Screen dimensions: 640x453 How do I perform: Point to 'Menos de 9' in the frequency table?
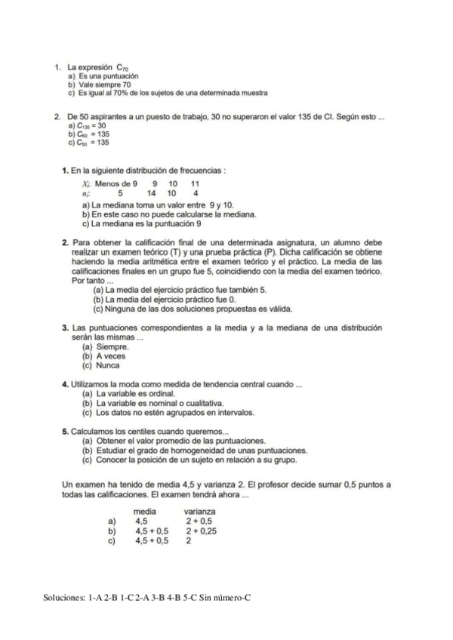[116, 183]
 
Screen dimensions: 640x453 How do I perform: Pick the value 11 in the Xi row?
[195, 183]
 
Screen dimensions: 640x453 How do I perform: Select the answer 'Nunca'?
[103, 365]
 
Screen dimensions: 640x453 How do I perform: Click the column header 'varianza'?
[201, 512]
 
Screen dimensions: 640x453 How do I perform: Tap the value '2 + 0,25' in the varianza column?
[202, 531]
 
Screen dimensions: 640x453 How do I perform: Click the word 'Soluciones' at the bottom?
[63, 598]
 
